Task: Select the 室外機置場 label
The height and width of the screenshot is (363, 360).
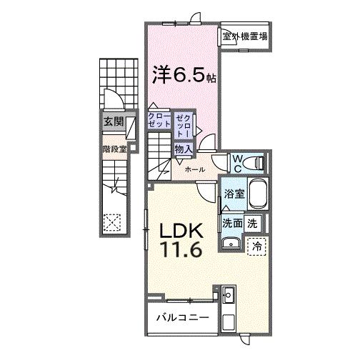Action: click(x=244, y=36)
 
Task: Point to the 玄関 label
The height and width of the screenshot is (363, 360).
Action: click(x=112, y=122)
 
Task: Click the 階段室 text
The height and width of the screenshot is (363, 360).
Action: click(x=114, y=150)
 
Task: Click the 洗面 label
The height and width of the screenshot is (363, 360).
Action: click(x=231, y=222)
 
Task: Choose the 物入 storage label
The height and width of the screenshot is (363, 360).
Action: click(x=183, y=149)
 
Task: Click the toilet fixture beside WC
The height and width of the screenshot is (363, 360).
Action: click(x=256, y=163)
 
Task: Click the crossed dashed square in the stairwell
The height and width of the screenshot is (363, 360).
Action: click(x=113, y=222)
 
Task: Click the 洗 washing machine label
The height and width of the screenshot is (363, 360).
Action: click(x=252, y=222)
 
